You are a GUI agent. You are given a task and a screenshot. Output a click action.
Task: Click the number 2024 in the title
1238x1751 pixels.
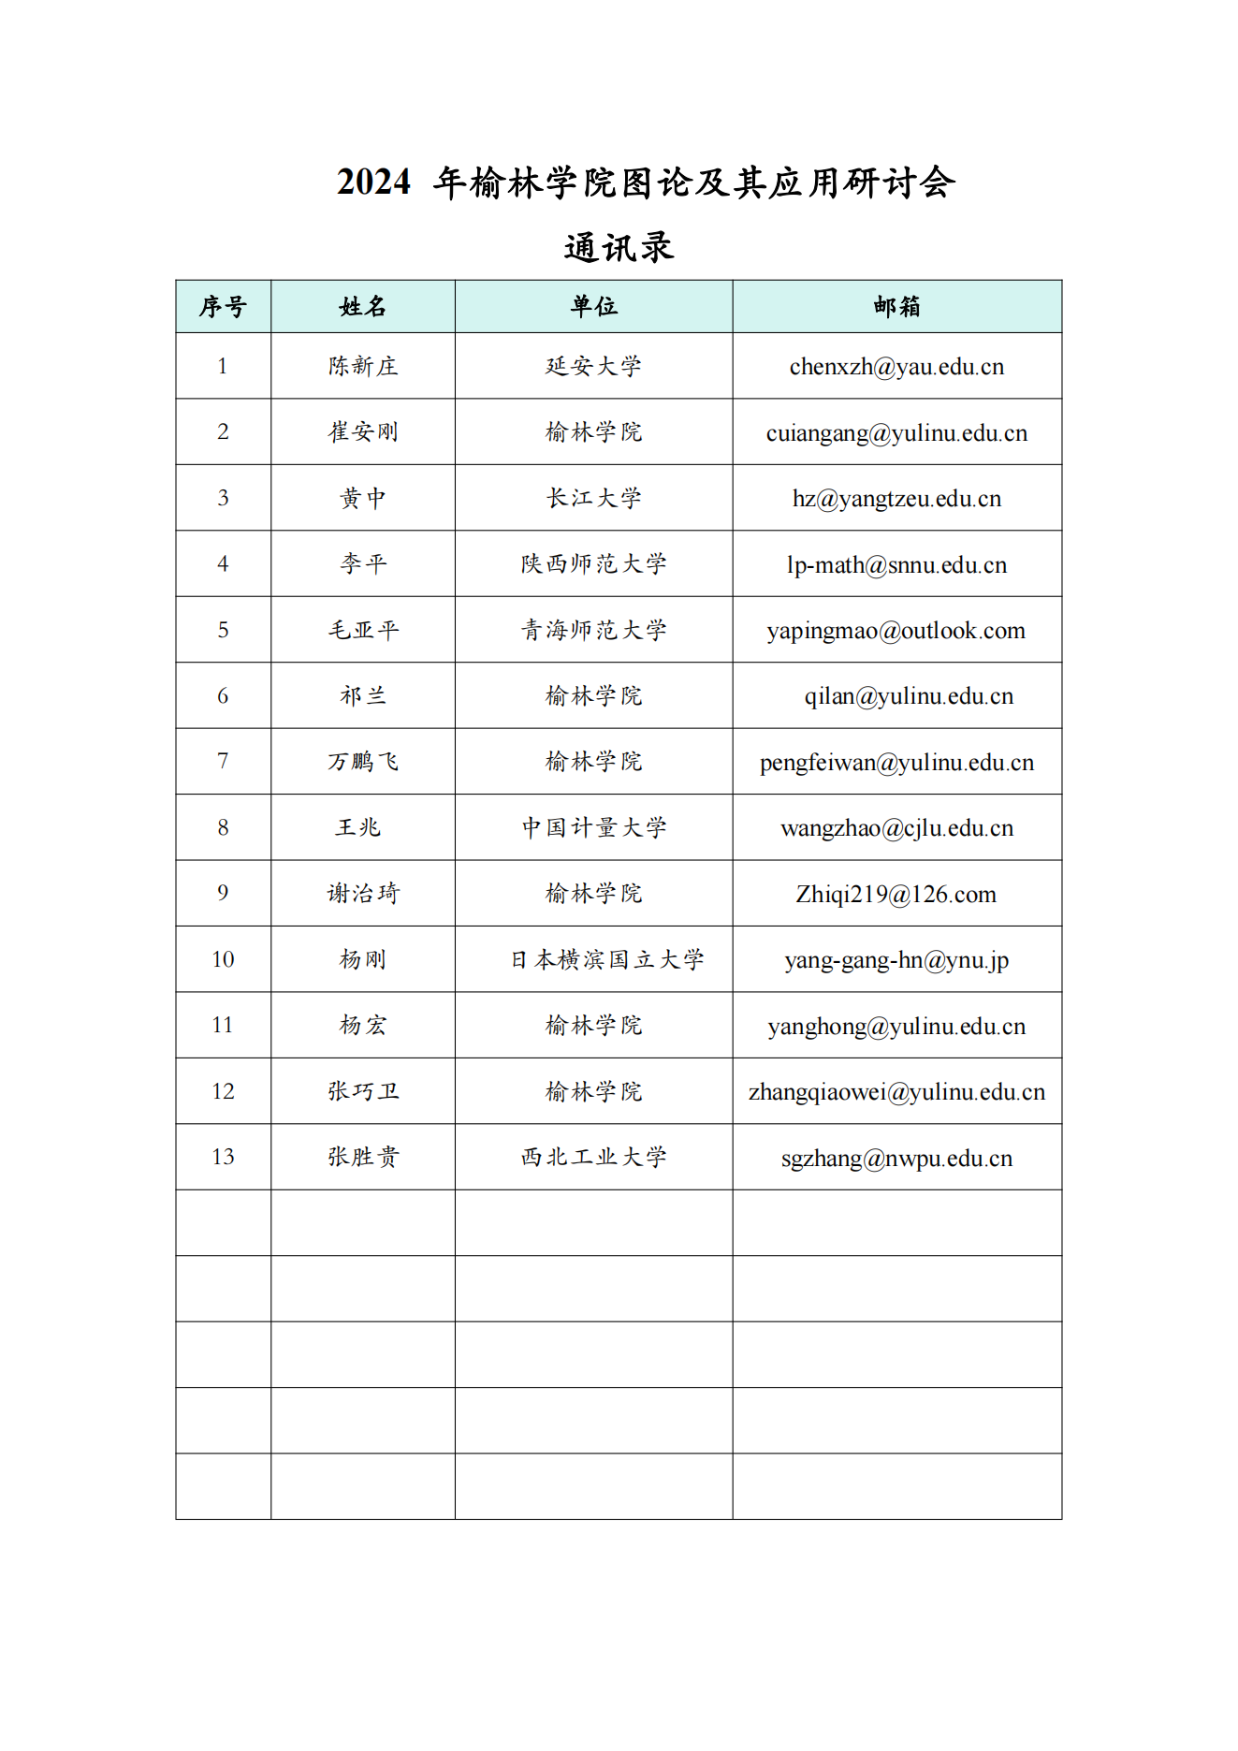[373, 182]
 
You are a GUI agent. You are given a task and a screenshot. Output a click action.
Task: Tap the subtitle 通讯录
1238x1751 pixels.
[619, 248]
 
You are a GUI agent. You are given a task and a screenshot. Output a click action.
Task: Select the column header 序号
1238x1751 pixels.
[223, 306]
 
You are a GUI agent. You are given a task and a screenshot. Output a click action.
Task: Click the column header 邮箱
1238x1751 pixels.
[896, 306]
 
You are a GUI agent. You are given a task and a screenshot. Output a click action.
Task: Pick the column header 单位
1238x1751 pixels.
[593, 306]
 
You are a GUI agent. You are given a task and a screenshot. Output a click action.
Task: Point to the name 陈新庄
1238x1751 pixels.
[363, 366]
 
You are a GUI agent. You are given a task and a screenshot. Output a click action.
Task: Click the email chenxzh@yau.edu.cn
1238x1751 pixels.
[896, 367]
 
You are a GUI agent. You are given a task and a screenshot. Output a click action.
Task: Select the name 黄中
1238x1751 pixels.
[363, 498]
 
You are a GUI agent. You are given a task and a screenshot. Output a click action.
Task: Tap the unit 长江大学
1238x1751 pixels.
[593, 498]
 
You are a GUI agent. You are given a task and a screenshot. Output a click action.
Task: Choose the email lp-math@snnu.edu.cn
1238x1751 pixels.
[896, 564]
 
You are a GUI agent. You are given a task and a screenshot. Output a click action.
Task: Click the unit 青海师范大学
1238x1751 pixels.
[593, 630]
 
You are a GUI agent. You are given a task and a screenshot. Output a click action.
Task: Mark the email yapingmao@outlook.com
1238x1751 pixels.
[896, 631]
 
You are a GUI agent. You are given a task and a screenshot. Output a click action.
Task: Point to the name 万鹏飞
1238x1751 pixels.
[363, 762]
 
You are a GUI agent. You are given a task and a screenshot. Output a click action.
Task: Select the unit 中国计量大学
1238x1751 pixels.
[593, 827]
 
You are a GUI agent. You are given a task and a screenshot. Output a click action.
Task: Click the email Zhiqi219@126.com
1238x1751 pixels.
[896, 894]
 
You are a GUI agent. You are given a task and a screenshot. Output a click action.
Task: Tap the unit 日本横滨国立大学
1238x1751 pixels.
[606, 959]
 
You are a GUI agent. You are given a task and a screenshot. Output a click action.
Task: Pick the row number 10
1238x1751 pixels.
[223, 959]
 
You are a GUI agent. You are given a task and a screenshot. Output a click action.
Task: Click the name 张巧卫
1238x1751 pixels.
[363, 1091]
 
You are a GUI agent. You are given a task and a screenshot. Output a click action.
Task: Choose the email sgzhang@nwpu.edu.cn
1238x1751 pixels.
[896, 1158]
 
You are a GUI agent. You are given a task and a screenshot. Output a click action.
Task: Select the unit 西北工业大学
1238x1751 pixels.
[593, 1157]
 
